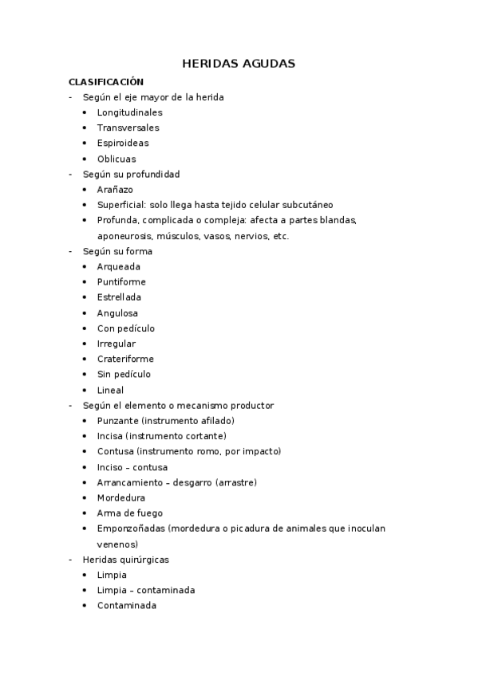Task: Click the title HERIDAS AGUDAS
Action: point(239,63)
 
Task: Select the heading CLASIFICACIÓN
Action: point(105,81)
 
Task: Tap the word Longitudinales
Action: point(129,112)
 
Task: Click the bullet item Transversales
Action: point(128,128)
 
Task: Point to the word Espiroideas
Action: point(123,143)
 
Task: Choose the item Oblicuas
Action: point(117,159)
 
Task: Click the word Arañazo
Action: point(115,190)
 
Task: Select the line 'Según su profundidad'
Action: point(131,174)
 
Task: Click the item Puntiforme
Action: point(121,282)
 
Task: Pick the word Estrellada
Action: point(119,297)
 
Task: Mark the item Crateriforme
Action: point(125,359)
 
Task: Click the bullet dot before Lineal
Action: point(85,391)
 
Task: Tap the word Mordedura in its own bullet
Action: point(121,497)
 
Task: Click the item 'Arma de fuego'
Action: point(130,513)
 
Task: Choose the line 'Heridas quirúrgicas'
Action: point(125,560)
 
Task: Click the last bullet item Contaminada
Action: point(126,605)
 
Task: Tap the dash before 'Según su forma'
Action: point(71,251)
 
